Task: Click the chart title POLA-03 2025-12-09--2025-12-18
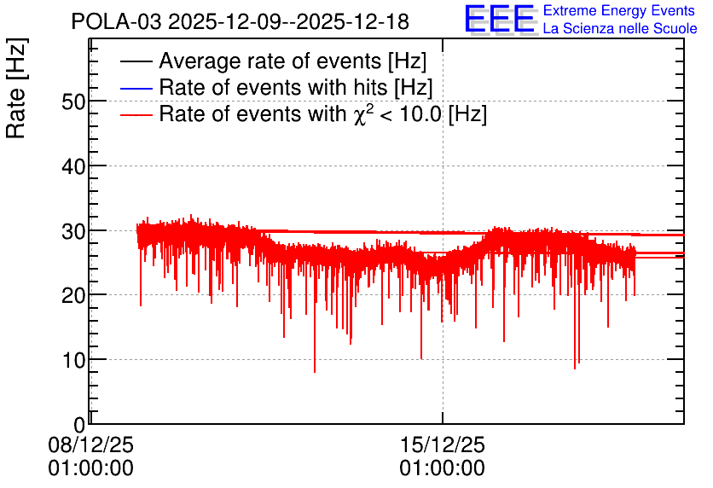(241, 21)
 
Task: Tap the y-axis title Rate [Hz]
(16, 88)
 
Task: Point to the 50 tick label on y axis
(73, 102)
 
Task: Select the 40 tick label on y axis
(73, 166)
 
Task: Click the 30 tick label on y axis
(73, 231)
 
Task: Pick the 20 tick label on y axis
(73, 296)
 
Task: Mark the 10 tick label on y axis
(73, 360)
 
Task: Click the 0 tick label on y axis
(79, 425)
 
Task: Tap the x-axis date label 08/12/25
(91, 444)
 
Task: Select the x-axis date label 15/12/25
(443, 444)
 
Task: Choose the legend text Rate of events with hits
(274, 87)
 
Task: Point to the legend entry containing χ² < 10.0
(323, 113)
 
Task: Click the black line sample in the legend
(136, 61)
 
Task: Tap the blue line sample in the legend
(136, 88)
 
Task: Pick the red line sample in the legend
(136, 114)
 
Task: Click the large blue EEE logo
(500, 19)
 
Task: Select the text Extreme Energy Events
(619, 10)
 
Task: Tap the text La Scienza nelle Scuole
(620, 28)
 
